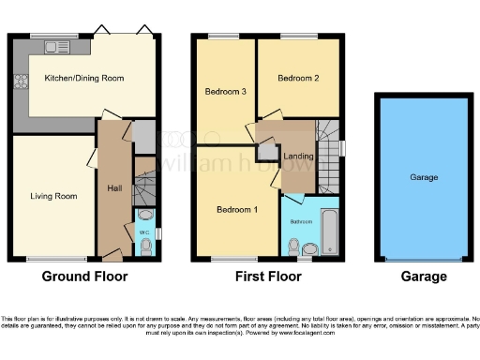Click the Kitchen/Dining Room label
click(x=84, y=80)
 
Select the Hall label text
click(x=114, y=188)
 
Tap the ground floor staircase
click(x=143, y=188)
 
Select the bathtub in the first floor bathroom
click(x=329, y=232)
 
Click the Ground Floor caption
click(x=84, y=277)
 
